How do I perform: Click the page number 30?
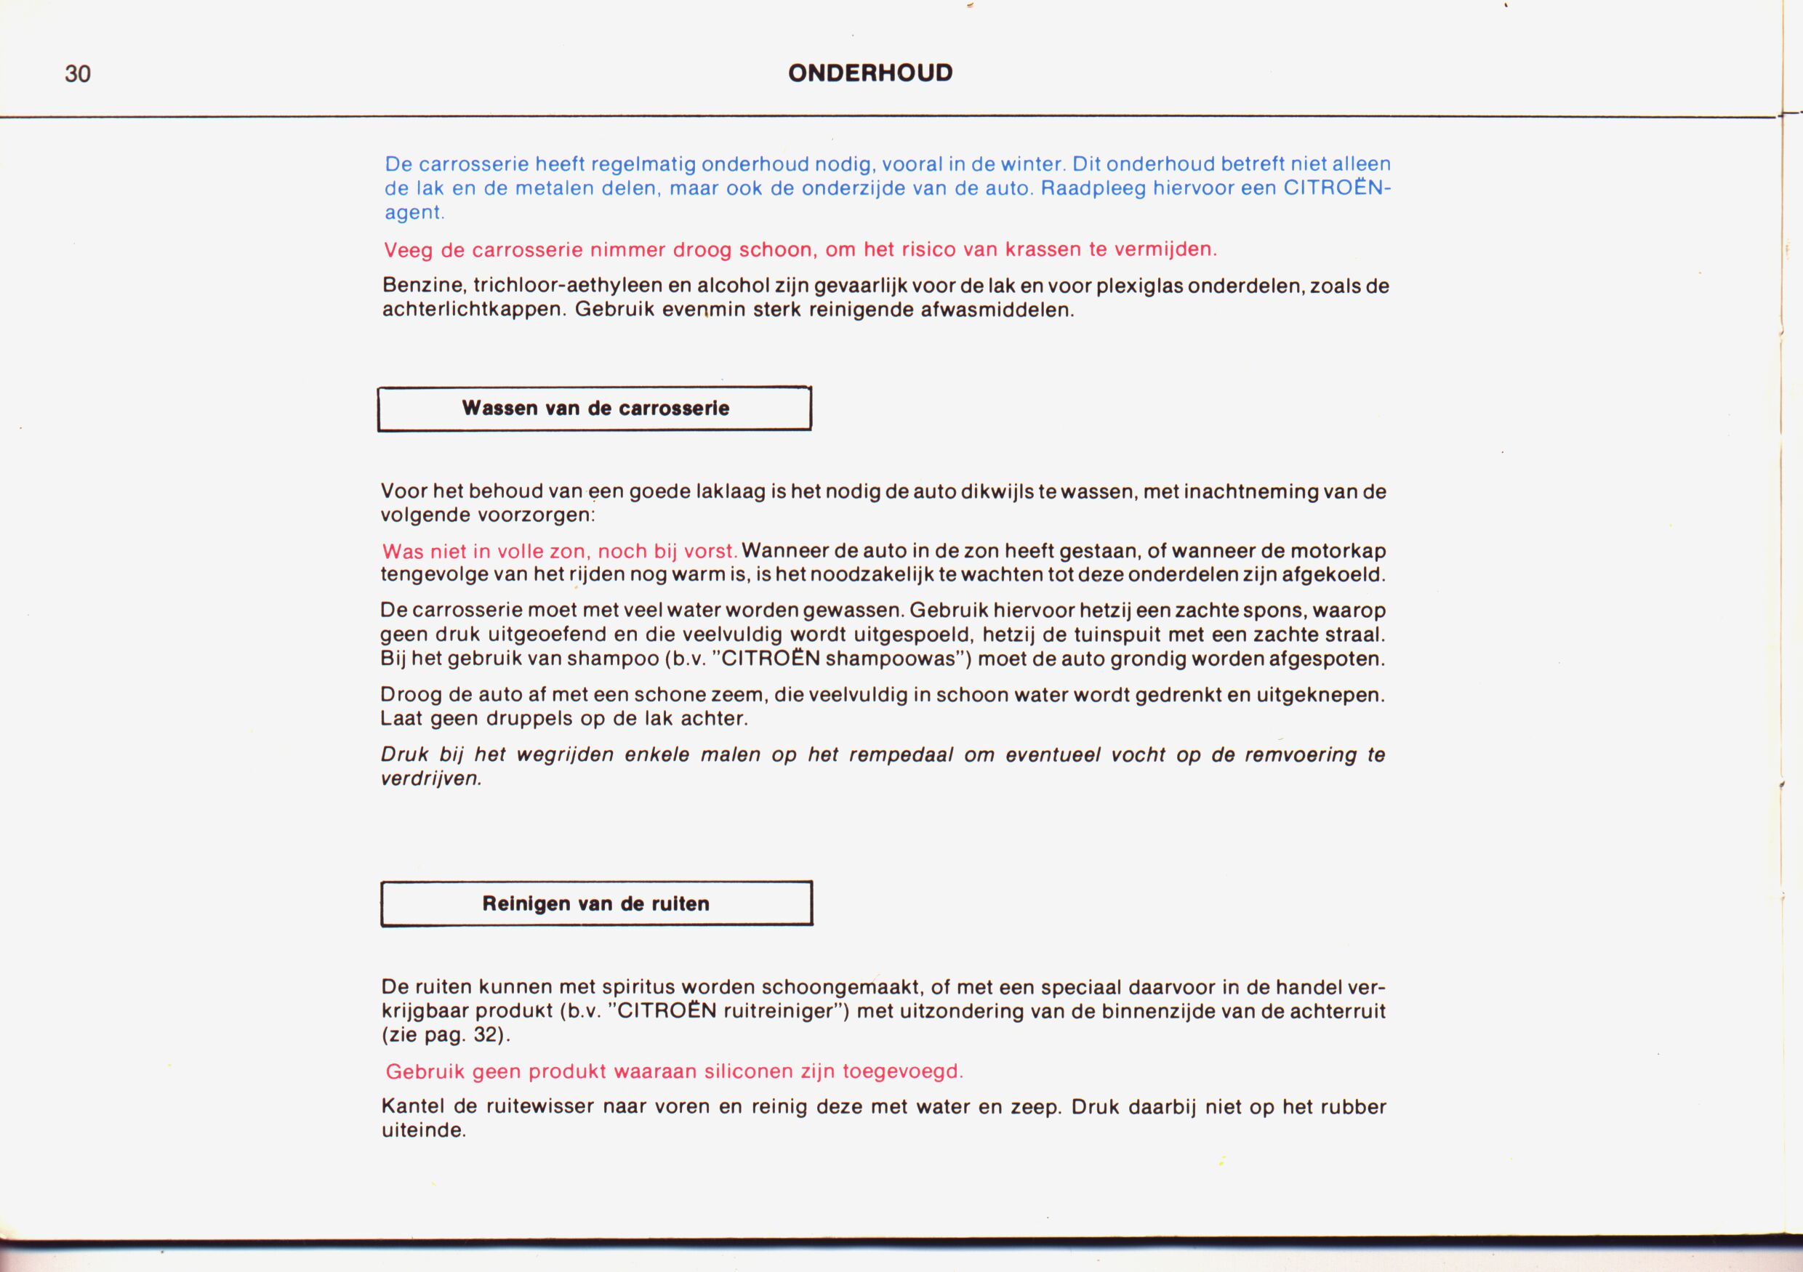[78, 74]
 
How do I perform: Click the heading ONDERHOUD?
[870, 73]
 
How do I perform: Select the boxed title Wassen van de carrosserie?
[595, 408]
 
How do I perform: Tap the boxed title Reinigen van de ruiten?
[596, 903]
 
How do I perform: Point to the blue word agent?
[413, 212]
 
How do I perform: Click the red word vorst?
[710, 551]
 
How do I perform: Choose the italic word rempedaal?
[901, 755]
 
